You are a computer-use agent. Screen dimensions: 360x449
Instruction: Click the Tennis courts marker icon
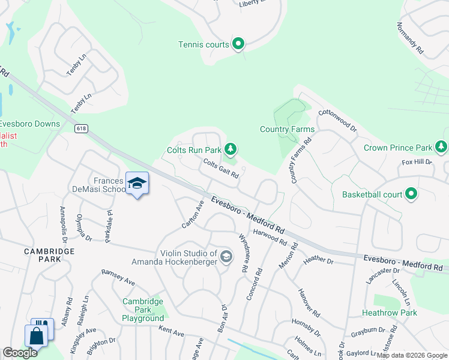(238, 44)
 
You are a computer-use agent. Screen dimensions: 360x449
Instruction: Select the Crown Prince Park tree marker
(441, 147)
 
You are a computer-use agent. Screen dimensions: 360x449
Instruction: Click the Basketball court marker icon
(411, 194)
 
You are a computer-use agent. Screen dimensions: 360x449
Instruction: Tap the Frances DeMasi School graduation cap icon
(137, 183)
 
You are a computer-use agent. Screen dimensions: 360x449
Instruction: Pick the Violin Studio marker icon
(226, 257)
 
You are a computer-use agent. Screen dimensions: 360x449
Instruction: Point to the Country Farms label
(287, 129)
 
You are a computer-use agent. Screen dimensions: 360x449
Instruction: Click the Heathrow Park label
(390, 313)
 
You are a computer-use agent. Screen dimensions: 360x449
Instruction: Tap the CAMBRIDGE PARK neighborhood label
(50, 255)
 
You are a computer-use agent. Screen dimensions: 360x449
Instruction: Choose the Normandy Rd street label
(410, 39)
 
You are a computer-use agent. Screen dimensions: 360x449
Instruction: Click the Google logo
(20, 352)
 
